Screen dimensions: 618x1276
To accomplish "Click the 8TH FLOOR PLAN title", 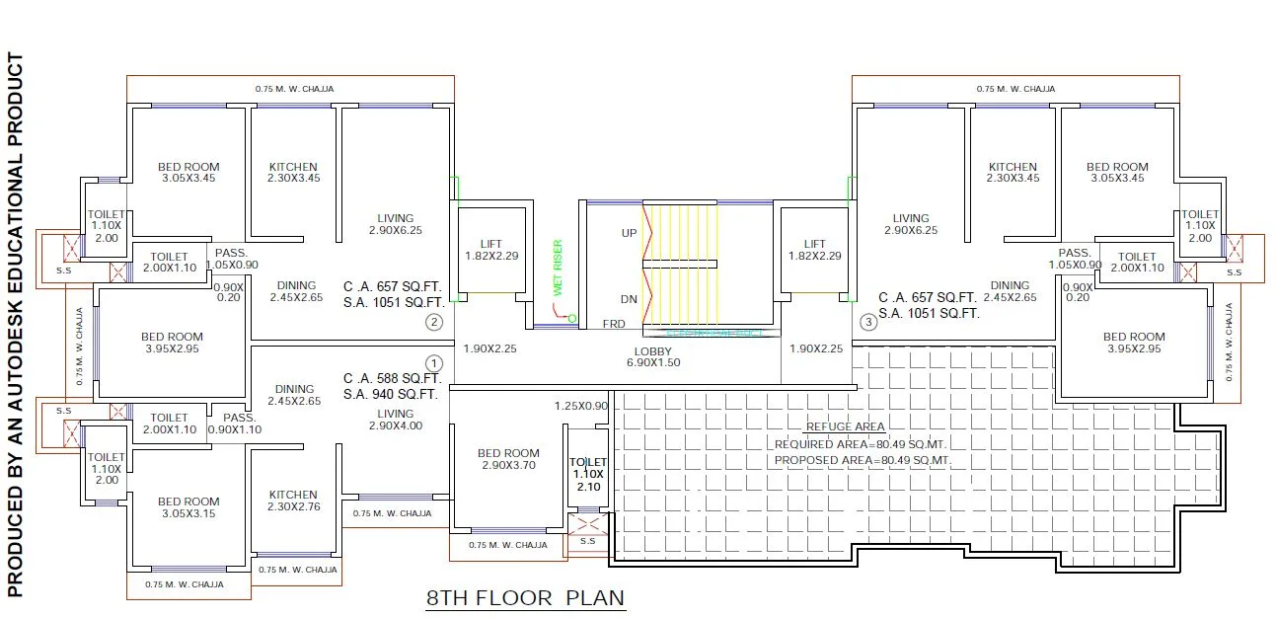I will (525, 597).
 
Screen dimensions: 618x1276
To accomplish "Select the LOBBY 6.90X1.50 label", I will (652, 357).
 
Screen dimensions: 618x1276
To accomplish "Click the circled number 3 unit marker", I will (868, 322).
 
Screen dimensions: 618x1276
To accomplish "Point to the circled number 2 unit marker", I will (433, 322).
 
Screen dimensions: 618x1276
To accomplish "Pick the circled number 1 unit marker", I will (433, 363).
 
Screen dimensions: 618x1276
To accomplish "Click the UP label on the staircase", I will (628, 234).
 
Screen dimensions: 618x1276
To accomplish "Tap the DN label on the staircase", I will (628, 299).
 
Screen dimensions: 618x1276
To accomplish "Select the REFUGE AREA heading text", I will (845, 426).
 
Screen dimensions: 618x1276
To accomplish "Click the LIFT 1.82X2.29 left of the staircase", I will (491, 250).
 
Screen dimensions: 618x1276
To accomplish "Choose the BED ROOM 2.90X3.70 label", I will (508, 459).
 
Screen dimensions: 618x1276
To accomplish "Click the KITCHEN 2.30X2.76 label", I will (293, 501).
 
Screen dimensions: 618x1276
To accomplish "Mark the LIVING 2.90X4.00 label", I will (395, 420).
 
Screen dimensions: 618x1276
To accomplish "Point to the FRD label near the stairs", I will (613, 324).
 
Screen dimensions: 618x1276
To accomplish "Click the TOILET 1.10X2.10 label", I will (588, 474).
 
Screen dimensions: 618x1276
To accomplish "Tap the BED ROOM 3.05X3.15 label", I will (188, 507).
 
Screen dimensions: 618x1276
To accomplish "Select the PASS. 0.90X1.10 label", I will (236, 424).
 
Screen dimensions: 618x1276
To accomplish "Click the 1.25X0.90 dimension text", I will (581, 406).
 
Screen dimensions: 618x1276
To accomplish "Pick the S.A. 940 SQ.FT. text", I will (391, 394).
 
